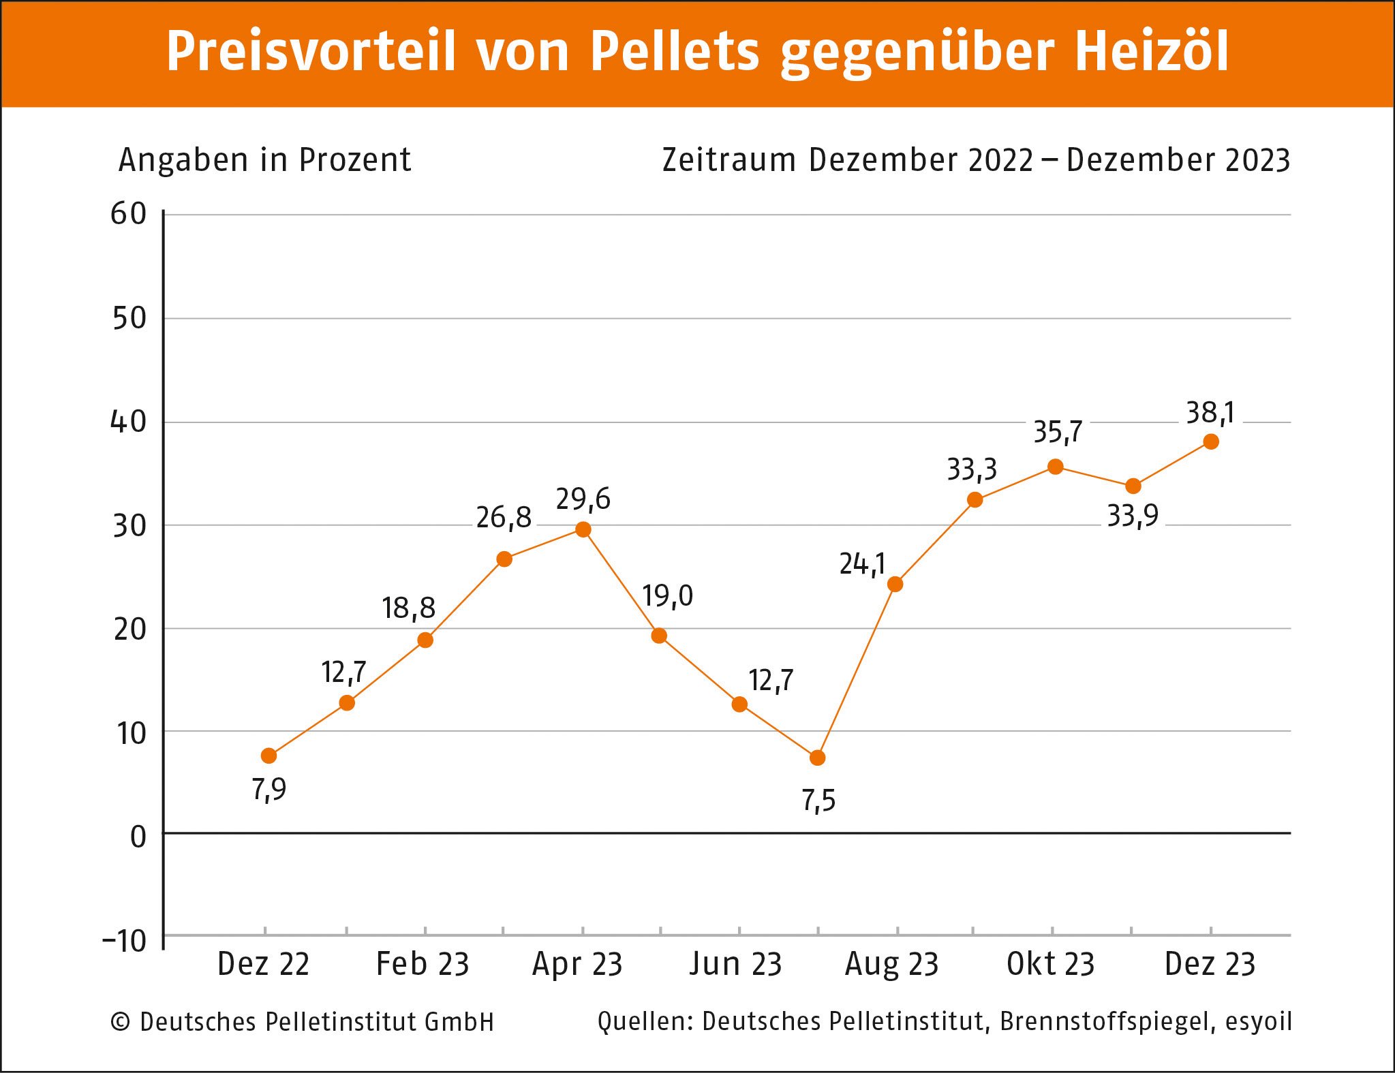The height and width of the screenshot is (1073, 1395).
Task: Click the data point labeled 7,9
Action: (x=269, y=756)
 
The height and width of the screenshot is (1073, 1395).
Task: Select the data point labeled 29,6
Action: (x=583, y=529)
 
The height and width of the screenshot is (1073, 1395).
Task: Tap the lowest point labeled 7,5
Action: (x=817, y=758)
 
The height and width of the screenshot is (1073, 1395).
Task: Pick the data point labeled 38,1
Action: (x=1211, y=441)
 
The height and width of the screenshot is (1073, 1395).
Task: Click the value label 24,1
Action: (x=862, y=565)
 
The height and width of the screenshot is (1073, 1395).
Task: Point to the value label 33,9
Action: (x=1132, y=516)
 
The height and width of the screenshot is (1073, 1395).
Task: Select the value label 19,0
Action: (x=667, y=597)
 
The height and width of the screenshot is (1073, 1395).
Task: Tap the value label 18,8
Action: (x=408, y=608)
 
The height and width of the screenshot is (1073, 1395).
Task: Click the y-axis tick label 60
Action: (x=129, y=215)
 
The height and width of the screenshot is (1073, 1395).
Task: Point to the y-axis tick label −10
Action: (x=125, y=941)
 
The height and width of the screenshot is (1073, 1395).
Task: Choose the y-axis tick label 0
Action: (x=138, y=837)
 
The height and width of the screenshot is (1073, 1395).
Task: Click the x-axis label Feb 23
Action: (x=423, y=964)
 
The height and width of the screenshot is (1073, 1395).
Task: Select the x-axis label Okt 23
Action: (x=1050, y=964)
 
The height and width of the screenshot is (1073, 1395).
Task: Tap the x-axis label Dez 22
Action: (x=264, y=964)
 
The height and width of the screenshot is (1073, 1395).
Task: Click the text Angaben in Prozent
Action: (x=264, y=160)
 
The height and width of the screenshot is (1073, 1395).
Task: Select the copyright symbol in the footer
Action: (x=121, y=1022)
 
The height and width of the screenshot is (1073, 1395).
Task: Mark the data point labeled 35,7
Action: (x=1055, y=467)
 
